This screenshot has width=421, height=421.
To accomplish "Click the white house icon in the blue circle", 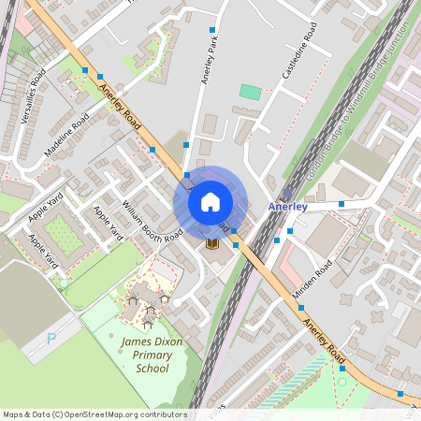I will coord(210,201).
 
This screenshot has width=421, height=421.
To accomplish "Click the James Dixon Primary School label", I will coord(145,356).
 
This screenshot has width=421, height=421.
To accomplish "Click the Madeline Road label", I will coord(65,137).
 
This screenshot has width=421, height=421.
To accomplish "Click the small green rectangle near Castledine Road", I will coord(250,92).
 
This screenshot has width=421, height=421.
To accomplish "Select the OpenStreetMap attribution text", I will coord(94,414).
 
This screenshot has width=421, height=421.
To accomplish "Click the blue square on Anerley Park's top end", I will coord(211,31).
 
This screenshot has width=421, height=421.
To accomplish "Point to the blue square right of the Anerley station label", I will coord(341,203).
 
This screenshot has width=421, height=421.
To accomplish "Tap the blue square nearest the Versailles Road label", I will coord(85,70).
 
